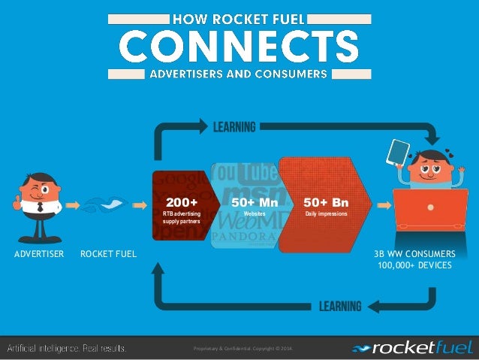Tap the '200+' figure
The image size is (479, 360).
click(182, 203)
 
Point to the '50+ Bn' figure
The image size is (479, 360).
click(325, 203)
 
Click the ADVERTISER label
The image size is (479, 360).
click(39, 254)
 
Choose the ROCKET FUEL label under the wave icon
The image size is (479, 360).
click(109, 254)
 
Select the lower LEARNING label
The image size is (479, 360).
click(340, 306)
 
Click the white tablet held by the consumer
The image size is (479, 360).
click(397, 154)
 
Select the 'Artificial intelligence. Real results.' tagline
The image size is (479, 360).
click(66, 348)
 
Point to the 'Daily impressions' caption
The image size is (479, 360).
click(325, 215)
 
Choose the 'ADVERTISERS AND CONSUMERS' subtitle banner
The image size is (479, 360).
click(239, 74)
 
